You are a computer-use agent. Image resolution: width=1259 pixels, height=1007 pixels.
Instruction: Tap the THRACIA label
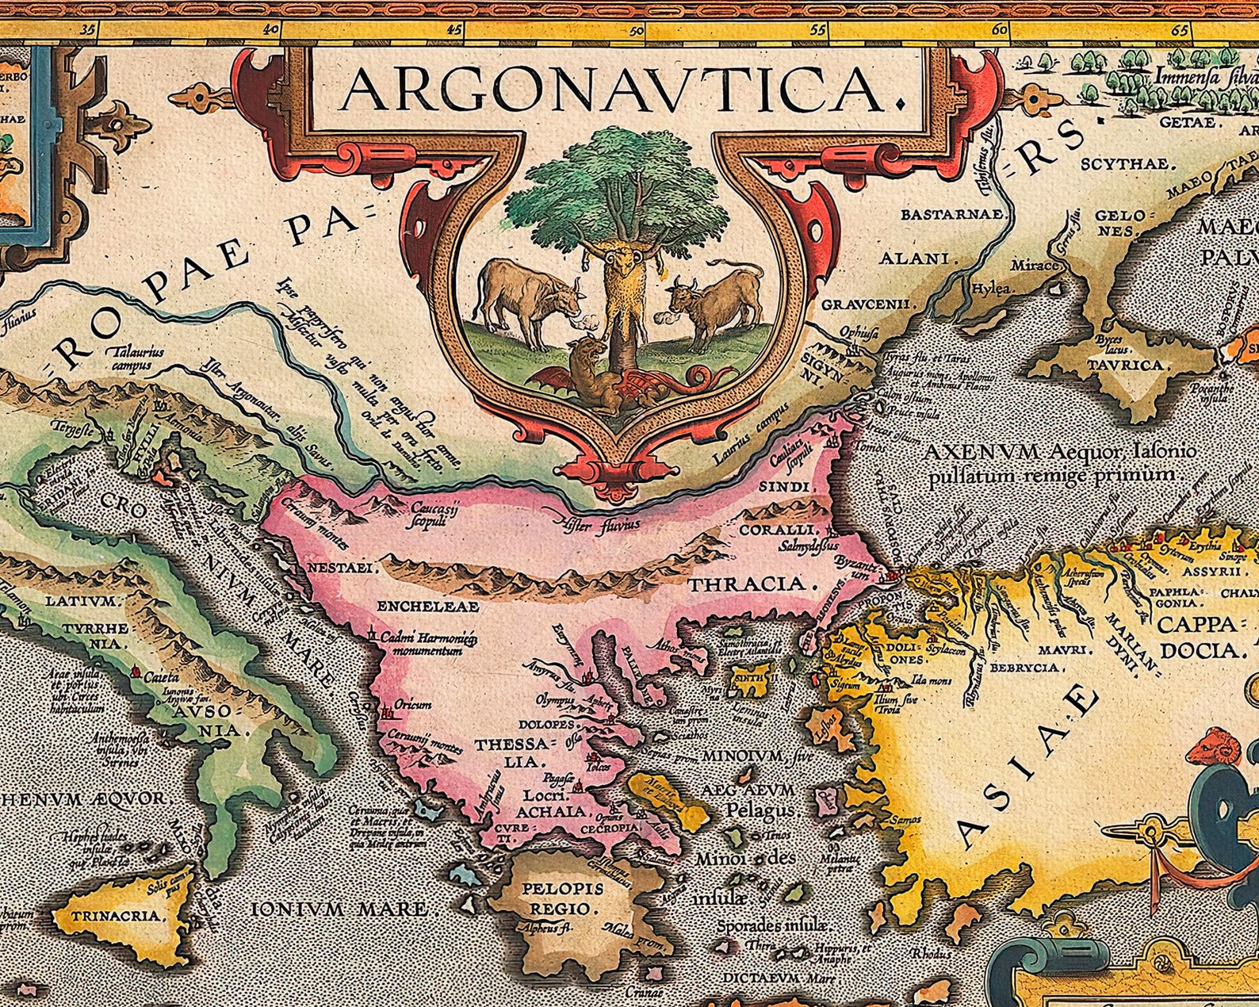coord(752,585)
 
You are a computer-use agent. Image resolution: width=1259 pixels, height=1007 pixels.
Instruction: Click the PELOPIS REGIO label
coord(562,899)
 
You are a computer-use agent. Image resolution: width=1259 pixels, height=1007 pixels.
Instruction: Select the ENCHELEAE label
coord(427,607)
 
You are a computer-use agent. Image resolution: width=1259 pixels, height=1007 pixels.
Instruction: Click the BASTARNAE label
coord(954,214)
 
